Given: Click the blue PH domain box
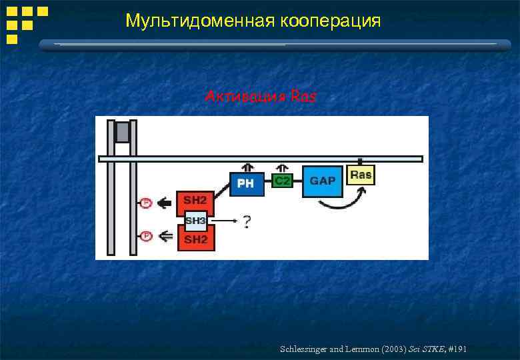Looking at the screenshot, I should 247,183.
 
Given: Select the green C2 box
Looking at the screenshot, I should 283,181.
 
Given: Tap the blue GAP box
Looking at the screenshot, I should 323,181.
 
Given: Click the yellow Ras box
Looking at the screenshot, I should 361,175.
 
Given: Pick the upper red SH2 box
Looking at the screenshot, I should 195,201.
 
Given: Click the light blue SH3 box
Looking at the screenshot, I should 196,221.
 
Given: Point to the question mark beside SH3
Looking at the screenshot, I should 247,221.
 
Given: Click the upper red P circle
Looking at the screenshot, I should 146,203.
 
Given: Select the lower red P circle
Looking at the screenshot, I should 146,235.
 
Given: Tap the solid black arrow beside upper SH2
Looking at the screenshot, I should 163,203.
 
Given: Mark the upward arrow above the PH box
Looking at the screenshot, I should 247,167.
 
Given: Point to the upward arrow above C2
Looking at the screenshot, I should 283,167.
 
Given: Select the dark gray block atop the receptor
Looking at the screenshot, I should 122,131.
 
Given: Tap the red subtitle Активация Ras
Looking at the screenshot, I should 261,97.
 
